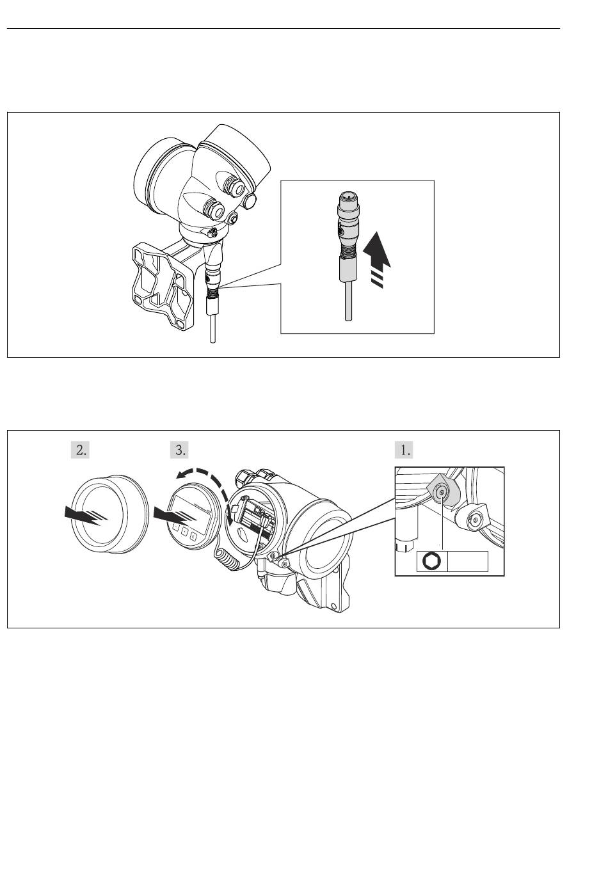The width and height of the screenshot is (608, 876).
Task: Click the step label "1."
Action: point(404,450)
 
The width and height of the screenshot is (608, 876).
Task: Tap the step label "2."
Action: point(79,450)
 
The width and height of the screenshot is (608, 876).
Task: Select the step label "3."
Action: point(180,450)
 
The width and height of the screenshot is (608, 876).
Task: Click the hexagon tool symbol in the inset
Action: point(431,561)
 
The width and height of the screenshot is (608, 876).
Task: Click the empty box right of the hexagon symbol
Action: point(467,561)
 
